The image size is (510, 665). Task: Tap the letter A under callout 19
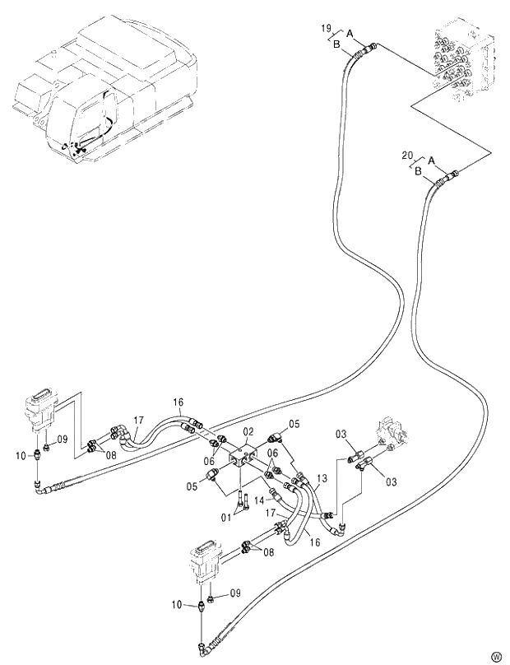tap(350, 32)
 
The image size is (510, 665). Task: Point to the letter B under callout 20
tap(418, 170)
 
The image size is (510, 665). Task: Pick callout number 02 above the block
tap(248, 431)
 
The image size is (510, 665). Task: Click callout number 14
tap(258, 498)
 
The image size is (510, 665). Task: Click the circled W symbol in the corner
tap(496, 656)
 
